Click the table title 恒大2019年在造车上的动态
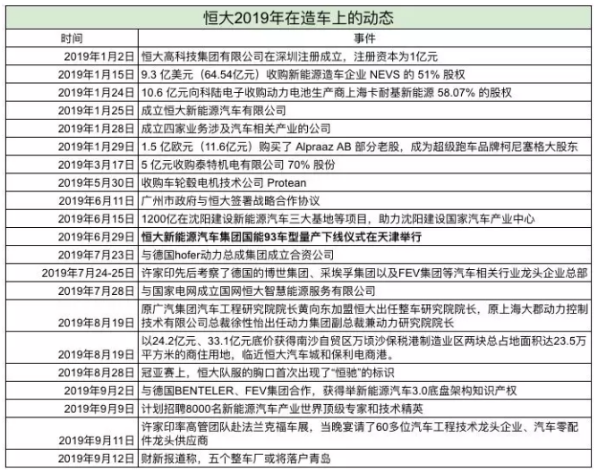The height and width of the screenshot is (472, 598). (x=299, y=15)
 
